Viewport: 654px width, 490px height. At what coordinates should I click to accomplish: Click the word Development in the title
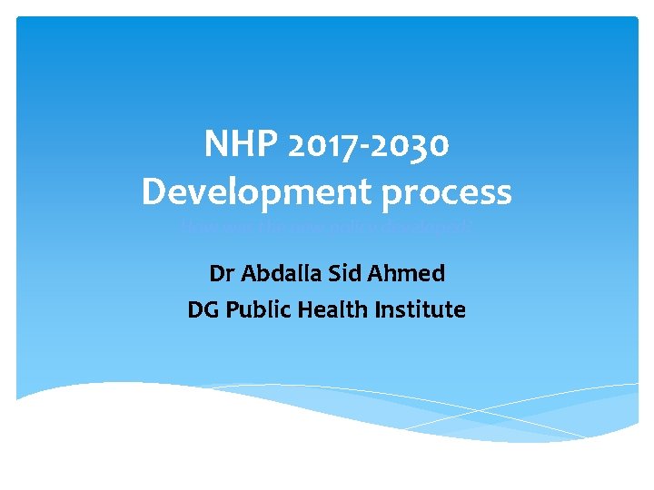point(249,192)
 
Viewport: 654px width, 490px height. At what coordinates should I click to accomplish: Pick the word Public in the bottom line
point(256,310)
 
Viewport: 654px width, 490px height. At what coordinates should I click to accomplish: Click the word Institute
point(421,310)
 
